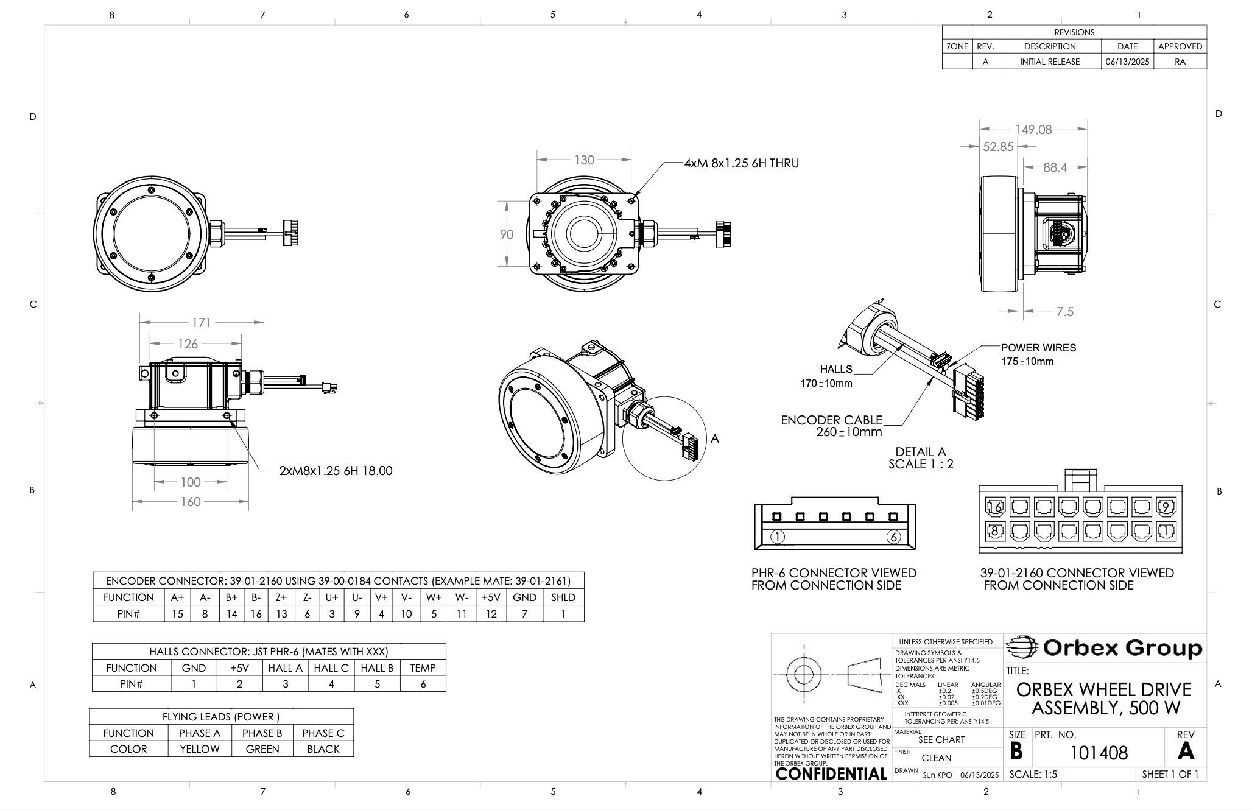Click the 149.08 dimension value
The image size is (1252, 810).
tap(1033, 130)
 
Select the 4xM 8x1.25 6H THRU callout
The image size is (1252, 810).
tap(741, 163)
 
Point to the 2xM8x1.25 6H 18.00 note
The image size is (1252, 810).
tap(336, 471)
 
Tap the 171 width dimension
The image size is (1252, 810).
tap(201, 323)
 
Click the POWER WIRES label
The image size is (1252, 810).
tap(1038, 348)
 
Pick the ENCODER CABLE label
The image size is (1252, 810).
tap(831, 420)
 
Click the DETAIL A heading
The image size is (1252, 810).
tap(920, 452)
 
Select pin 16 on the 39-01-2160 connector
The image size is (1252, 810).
tap(995, 507)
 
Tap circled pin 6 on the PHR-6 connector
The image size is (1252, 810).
tap(893, 537)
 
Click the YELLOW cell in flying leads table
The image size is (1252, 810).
tap(200, 749)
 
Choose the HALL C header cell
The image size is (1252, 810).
tap(331, 668)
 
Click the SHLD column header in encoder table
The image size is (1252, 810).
tap(563, 597)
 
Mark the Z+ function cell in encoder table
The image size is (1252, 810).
tap(281, 597)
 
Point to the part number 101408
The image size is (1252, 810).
tap(1099, 753)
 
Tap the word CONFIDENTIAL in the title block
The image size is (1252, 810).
tap(831, 773)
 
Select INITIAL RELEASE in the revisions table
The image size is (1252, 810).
tap(1050, 62)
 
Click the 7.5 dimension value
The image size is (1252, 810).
tap(1064, 312)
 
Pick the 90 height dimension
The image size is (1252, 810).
tap(507, 234)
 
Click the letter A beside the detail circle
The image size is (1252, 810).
tap(715, 438)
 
